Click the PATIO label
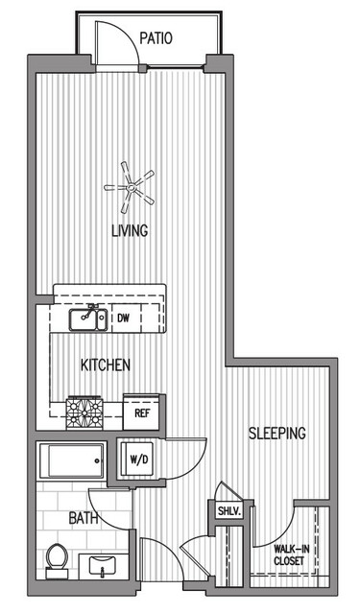(156, 38)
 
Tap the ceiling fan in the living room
(130, 188)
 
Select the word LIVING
(130, 230)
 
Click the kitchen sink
(88, 319)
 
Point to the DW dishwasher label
(123, 318)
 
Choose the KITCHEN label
(106, 365)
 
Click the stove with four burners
(84, 413)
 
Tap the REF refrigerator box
(141, 413)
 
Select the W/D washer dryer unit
(137, 460)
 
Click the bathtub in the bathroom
(71, 460)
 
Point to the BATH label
(84, 518)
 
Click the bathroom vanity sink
(103, 565)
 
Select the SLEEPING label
(277, 434)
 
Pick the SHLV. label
(228, 510)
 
